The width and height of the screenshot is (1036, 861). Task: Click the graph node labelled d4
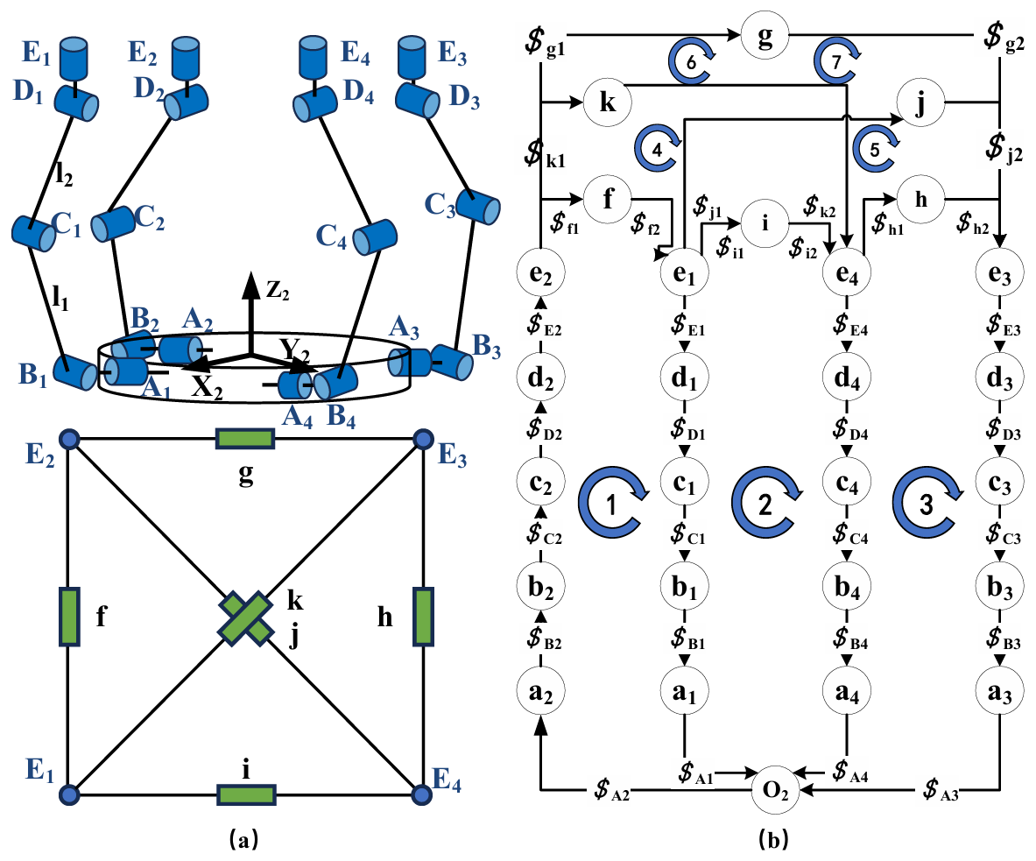tap(847, 378)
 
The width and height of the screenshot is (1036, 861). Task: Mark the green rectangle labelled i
tap(247, 795)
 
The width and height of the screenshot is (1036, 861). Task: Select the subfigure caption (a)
tap(243, 840)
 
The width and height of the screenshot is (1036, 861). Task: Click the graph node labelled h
tap(920, 199)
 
